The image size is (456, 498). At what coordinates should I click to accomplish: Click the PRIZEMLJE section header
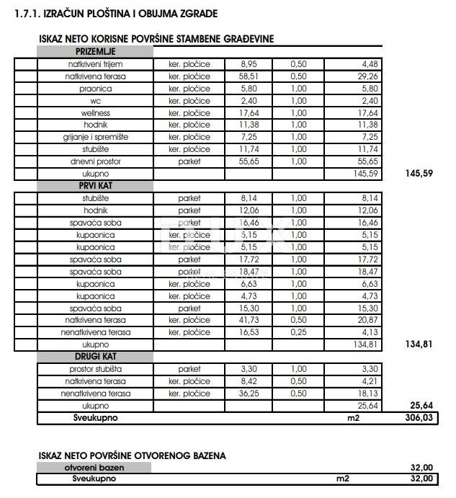click(x=95, y=52)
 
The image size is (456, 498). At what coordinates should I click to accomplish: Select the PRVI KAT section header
click(x=95, y=186)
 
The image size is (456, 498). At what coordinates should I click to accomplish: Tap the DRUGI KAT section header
click(x=95, y=357)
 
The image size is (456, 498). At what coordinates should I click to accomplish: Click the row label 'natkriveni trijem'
click(x=95, y=64)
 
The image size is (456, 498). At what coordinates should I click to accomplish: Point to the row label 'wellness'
click(x=95, y=112)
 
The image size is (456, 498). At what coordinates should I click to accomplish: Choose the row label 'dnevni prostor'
click(x=95, y=161)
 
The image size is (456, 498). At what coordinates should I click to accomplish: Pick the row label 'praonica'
click(x=95, y=89)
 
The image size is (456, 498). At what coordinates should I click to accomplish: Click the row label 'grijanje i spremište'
click(x=95, y=137)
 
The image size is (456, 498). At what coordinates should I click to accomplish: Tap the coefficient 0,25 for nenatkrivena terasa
click(x=298, y=332)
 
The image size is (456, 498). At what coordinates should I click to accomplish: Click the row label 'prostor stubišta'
click(x=95, y=369)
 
